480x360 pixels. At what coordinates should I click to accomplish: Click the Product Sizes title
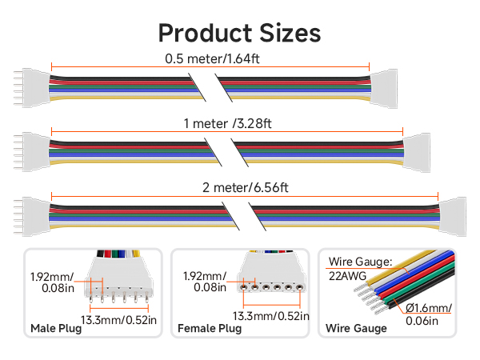pos(239,33)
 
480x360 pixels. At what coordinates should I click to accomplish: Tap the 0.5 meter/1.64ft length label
pos(212,58)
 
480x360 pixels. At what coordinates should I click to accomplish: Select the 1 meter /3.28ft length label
pos(227,124)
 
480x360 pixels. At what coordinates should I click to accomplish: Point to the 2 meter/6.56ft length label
pos(246,188)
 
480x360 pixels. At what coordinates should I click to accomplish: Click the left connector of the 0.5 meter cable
pos(32,88)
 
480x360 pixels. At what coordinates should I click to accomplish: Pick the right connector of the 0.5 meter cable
pos(383,89)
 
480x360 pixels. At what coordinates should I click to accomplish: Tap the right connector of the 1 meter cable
pos(417,153)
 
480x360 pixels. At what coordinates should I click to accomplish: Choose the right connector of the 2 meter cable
pos(453,217)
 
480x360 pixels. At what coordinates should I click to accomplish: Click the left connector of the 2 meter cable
pos(32,217)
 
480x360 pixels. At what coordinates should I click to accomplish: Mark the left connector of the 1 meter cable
pos(32,152)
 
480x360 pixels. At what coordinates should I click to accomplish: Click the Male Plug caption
pos(56,329)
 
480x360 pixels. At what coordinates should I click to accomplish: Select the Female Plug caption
pos(210,329)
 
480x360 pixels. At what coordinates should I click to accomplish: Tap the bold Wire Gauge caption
pos(356,329)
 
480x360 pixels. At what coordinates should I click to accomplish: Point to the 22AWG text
pos(347,276)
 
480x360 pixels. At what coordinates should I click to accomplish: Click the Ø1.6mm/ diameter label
pos(429,308)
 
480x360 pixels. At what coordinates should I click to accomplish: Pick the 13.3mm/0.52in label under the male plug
pos(118,320)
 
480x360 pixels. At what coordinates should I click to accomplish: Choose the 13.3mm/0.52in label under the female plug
pos(271,316)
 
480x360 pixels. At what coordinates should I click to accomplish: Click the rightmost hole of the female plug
pos(299,287)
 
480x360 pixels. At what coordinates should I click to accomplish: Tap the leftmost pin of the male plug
pos(91,298)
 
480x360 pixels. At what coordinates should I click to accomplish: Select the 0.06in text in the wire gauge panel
pos(422,321)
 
